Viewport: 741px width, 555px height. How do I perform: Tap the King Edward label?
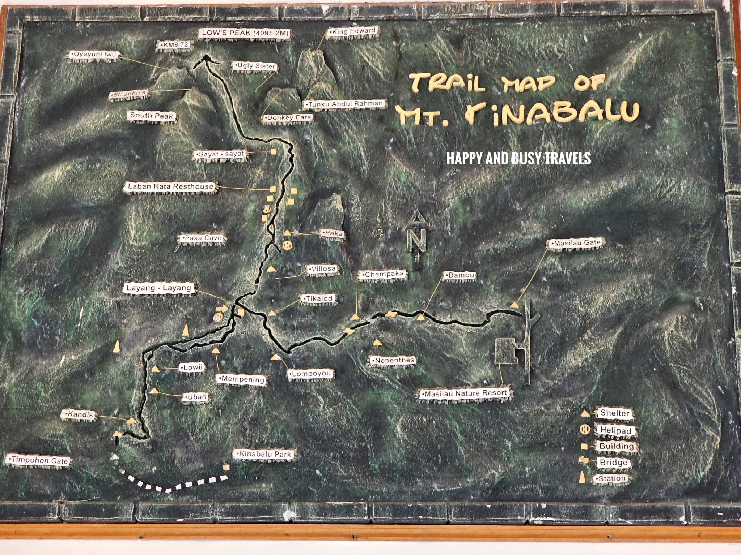[353, 31]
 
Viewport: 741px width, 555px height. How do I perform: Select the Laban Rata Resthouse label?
[171, 186]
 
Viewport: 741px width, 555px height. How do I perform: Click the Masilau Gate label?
[576, 243]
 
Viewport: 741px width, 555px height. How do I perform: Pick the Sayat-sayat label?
[221, 154]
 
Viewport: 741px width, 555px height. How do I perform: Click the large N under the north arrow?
[418, 241]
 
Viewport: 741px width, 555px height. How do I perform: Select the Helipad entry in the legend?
[615, 430]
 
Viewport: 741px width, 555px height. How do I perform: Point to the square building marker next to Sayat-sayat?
[274, 152]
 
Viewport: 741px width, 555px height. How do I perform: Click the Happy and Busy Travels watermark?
[518, 158]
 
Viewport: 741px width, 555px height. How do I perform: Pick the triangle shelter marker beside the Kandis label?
[131, 421]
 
